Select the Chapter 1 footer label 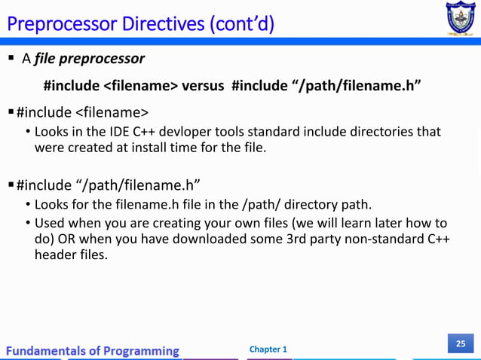pos(268,349)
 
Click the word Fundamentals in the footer pos(49,350)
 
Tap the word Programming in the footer pos(141,350)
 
